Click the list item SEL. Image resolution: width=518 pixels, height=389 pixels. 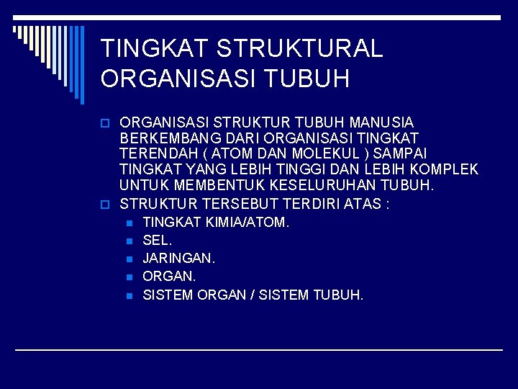(x=157, y=240)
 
